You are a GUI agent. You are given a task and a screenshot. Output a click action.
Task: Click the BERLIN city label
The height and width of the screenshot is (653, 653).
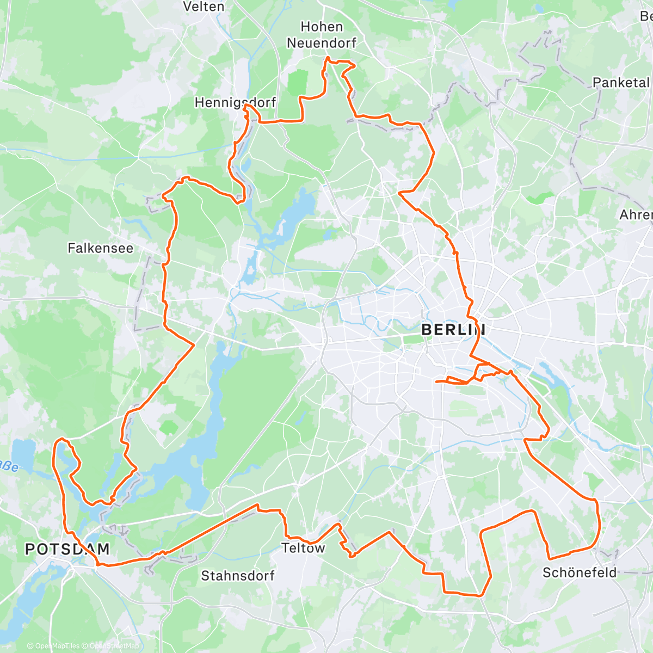point(453,330)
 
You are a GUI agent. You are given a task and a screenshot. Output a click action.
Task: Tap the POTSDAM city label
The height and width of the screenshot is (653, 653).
point(67,549)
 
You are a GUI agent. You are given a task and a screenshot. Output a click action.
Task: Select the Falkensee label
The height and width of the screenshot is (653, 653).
point(100,248)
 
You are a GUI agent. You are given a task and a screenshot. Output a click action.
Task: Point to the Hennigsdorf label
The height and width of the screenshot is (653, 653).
point(235,102)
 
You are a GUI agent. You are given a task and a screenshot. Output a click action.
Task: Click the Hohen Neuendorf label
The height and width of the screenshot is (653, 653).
point(322,34)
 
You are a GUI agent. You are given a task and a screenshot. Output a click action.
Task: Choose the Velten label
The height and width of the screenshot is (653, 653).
point(204,7)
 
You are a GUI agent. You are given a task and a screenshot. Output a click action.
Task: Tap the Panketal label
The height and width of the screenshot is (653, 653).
point(621,83)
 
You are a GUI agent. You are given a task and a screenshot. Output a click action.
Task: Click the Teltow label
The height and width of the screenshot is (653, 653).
point(303,548)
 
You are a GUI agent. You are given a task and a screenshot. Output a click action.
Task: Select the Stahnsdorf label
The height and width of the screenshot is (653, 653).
point(238,575)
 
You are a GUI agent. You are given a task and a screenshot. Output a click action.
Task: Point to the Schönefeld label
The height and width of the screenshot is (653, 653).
point(580,572)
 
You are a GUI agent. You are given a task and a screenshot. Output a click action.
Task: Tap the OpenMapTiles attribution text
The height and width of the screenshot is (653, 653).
point(53,646)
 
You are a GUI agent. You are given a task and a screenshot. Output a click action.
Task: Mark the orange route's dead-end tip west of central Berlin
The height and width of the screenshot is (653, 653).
point(436,381)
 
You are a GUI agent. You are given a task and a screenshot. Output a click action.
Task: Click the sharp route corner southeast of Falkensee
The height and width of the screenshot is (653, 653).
point(194,344)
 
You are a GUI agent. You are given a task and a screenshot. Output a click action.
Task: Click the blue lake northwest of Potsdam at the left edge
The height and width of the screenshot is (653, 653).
point(22,451)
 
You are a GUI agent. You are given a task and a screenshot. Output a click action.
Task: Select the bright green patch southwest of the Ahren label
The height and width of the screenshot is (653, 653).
point(540,198)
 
